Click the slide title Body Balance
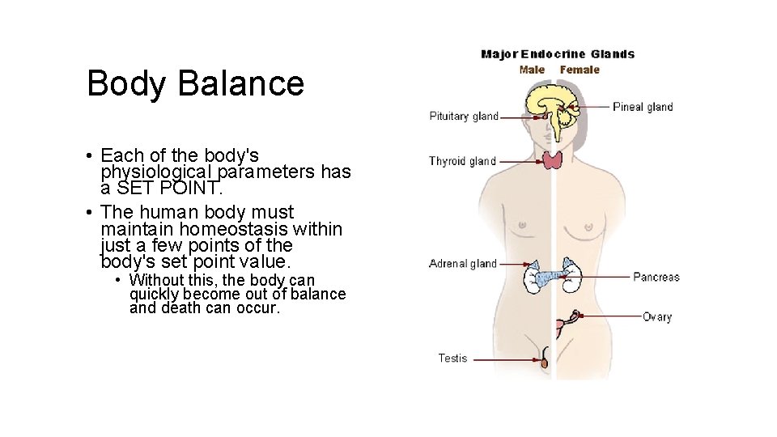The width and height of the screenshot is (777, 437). point(195,83)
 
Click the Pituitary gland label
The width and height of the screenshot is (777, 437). point(464,117)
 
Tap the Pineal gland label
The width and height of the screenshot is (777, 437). point(643,107)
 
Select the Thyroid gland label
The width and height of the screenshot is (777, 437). point(462,161)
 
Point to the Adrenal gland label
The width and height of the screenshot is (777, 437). point(463,264)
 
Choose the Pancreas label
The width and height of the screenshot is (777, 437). point(656,277)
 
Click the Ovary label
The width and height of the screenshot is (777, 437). point(657,317)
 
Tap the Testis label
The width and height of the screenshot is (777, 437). point(452,358)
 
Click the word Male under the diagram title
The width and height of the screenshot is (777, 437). point(532,70)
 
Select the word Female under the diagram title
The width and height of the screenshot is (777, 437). point(580,70)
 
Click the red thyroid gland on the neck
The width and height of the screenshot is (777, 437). point(554,159)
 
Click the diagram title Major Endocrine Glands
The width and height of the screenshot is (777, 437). point(558,54)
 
